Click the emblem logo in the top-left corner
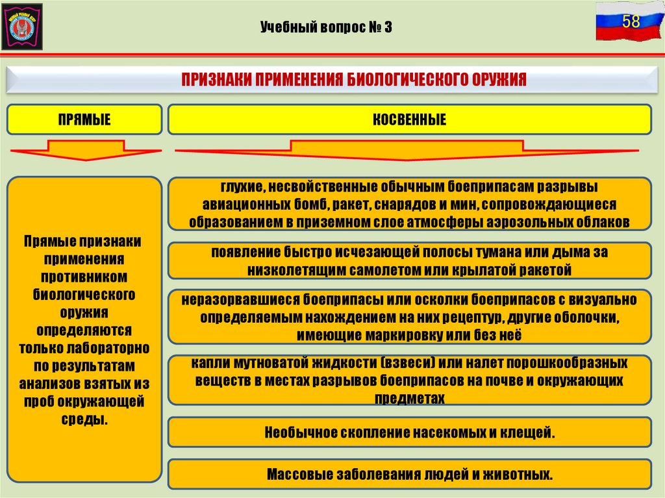click(23, 26)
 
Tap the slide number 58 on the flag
click(631, 22)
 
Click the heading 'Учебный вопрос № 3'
click(327, 27)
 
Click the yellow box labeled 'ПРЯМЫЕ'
click(84, 119)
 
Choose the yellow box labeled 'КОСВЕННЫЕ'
click(409, 119)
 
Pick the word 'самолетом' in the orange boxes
click(360, 269)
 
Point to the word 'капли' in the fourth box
click(208, 364)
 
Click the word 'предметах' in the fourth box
click(409, 399)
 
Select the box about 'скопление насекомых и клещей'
click(409, 432)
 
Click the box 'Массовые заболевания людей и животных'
click(409, 474)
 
